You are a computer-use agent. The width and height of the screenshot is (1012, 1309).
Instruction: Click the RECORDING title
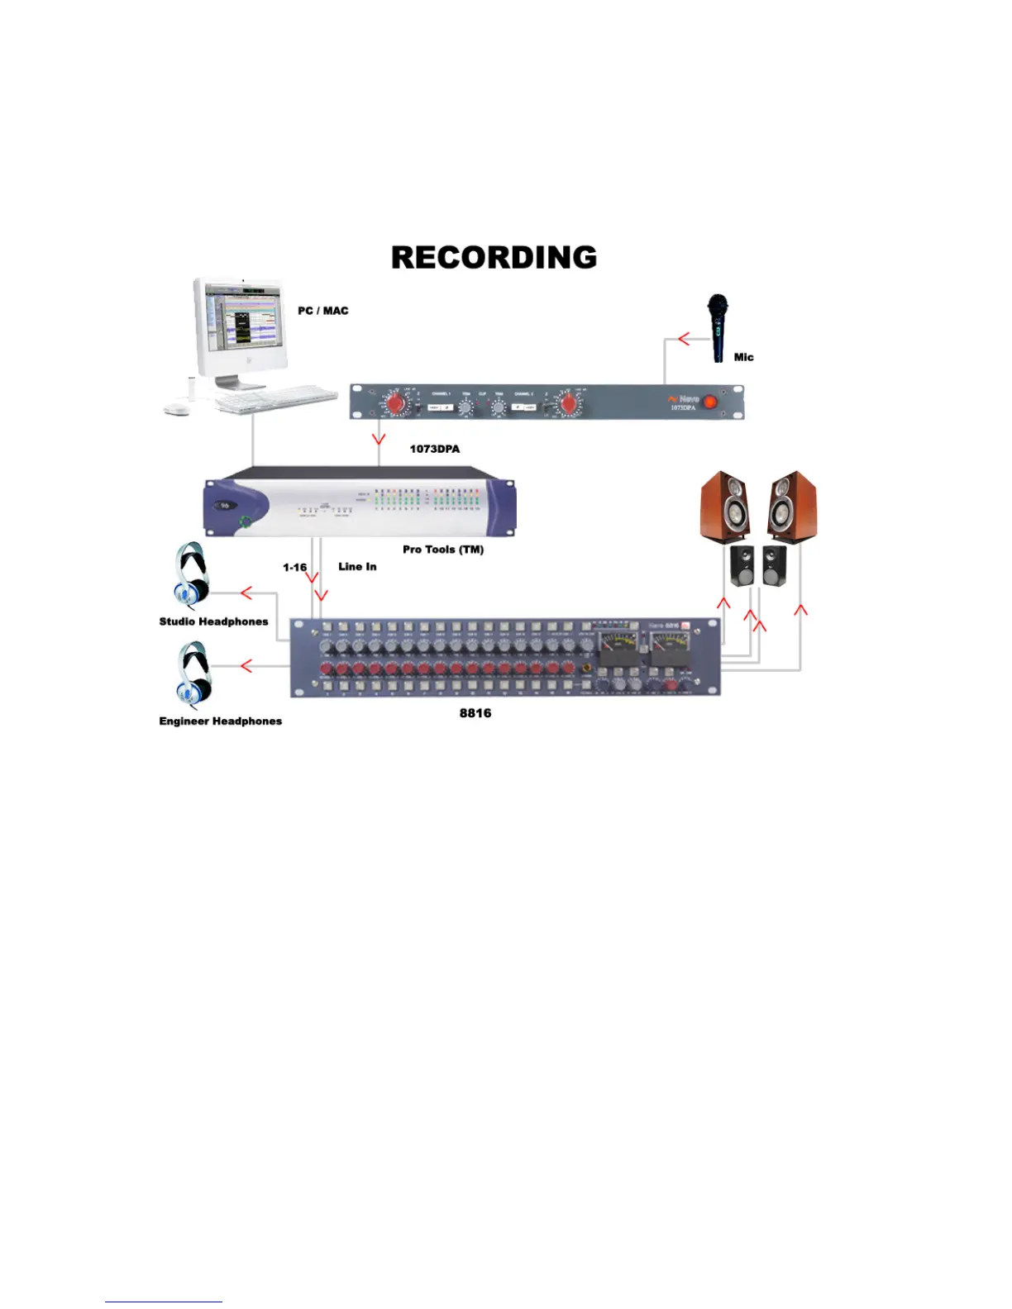(x=494, y=257)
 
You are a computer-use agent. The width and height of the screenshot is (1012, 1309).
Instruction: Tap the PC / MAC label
(x=323, y=311)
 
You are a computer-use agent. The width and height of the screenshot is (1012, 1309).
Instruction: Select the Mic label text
(x=743, y=357)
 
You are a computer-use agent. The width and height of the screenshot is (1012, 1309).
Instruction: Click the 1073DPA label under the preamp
(x=435, y=449)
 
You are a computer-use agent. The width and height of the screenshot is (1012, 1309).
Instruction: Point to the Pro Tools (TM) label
(x=443, y=550)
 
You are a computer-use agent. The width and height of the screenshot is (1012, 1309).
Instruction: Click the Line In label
(x=357, y=566)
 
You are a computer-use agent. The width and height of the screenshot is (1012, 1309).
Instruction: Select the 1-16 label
(x=294, y=567)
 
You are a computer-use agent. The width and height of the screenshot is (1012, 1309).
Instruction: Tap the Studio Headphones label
(x=213, y=621)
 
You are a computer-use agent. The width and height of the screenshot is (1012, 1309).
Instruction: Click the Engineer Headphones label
(x=220, y=721)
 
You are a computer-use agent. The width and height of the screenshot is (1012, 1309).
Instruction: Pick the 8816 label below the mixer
(x=475, y=712)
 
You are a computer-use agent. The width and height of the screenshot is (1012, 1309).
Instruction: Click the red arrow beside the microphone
(x=684, y=338)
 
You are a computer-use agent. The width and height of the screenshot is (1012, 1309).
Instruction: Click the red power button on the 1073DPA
(x=710, y=402)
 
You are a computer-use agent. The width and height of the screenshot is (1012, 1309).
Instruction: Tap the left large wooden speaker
(x=726, y=506)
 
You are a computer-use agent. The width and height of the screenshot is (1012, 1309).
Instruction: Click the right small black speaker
(x=774, y=565)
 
